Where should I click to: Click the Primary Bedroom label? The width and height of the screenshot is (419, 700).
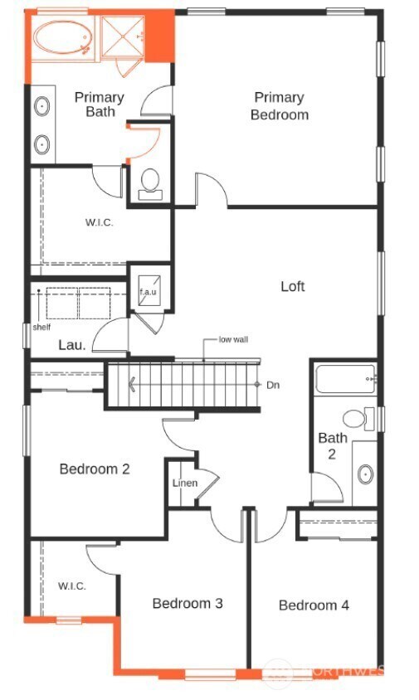click(280, 106)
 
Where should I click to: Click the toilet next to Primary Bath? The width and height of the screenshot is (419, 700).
click(150, 183)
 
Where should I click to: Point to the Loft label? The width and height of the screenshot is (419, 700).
click(292, 286)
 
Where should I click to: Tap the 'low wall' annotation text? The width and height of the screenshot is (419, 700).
click(233, 339)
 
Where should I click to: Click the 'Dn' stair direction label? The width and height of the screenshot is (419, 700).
click(273, 385)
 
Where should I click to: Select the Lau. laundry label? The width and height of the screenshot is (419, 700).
click(71, 345)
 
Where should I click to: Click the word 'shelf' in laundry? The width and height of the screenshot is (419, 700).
click(41, 327)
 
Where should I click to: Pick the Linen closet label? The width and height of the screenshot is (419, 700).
click(183, 484)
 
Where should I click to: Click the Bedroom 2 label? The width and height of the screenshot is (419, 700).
click(94, 469)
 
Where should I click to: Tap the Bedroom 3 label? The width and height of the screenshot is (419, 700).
click(187, 603)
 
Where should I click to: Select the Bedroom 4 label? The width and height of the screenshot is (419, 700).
click(314, 605)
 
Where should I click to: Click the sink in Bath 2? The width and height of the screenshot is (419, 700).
click(365, 475)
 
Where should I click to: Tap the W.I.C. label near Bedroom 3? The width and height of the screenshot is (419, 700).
click(71, 586)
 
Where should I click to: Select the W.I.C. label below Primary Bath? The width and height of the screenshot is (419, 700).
click(99, 223)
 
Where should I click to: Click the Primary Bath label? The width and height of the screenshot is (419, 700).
click(99, 105)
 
